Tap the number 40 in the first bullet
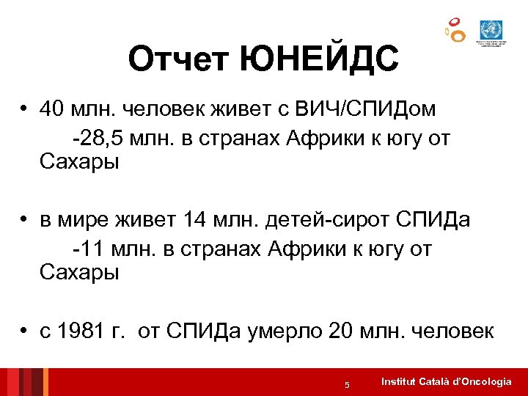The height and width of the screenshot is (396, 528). coord(53,109)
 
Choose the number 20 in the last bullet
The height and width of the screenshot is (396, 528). coord(341,332)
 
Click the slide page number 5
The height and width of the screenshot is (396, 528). coord(348,385)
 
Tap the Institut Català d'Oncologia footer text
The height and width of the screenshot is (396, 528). coord(447,382)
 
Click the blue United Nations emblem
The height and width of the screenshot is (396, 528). coord(488,30)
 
